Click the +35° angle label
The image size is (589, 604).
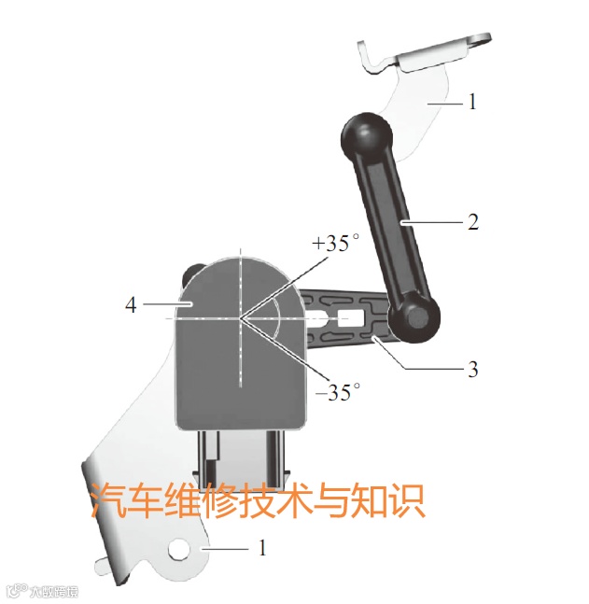click(336, 244)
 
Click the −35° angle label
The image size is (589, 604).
click(337, 392)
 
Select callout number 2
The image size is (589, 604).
click(473, 222)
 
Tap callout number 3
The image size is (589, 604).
click(473, 369)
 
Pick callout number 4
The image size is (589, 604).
click(132, 304)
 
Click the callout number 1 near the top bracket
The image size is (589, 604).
click(472, 102)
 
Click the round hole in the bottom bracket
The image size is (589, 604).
click(178, 550)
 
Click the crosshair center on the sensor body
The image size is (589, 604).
click(240, 317)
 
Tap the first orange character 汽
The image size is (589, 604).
click(108, 501)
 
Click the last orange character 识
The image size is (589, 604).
click(406, 501)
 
